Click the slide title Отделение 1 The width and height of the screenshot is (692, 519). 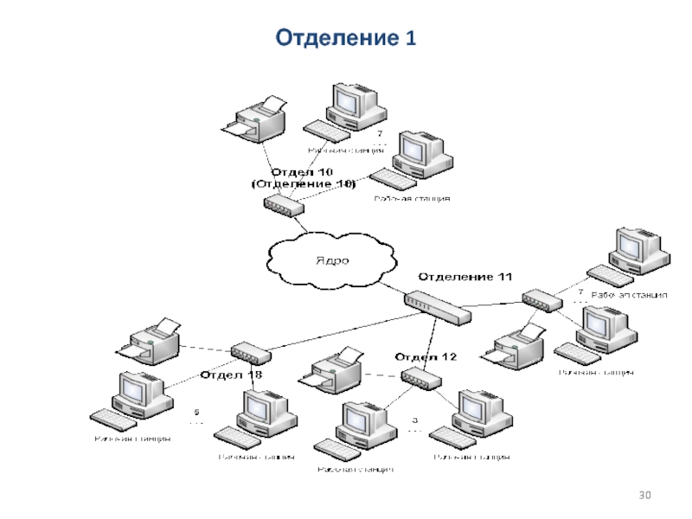[345, 37]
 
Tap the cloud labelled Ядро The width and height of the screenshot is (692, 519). [333, 258]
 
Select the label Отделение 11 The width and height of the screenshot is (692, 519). [465, 276]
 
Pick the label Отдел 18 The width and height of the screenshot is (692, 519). [231, 375]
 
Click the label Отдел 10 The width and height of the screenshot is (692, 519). [304, 172]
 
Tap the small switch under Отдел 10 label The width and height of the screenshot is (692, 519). [284, 205]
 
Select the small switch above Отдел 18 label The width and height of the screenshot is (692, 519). [250, 352]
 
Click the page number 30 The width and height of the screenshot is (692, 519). [644, 495]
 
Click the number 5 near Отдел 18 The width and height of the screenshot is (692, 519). [196, 412]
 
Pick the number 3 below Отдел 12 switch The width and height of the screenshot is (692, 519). [414, 419]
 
